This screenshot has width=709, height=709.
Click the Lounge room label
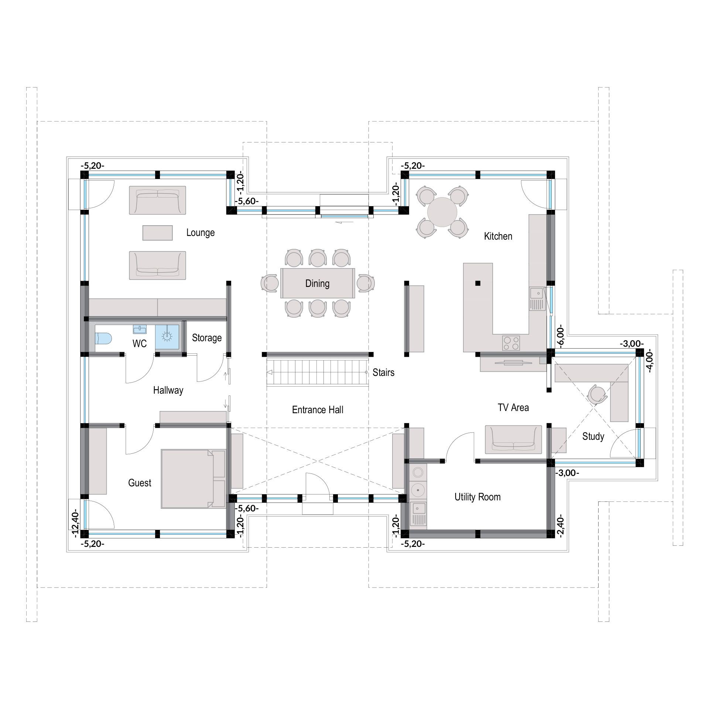point(200,233)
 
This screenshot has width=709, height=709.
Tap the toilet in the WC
point(103,338)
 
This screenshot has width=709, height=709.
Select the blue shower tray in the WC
point(167,337)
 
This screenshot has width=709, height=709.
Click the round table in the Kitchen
point(442,212)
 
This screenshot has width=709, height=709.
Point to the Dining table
point(318,283)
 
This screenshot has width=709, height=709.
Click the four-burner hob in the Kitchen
point(511,343)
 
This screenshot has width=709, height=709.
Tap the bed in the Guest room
point(193,479)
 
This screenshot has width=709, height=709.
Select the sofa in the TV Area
point(513,439)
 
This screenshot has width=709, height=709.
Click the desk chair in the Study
point(596,394)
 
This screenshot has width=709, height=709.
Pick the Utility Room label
point(477,497)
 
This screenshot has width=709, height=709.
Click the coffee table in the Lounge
point(158,233)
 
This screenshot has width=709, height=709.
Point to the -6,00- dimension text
point(561,336)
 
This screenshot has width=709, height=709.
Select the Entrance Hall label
point(318,410)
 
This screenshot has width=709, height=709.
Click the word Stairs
point(383,372)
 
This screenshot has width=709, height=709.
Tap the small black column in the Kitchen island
point(478,283)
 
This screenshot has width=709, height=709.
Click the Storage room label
point(207,338)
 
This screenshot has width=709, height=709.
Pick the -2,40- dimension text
point(561,525)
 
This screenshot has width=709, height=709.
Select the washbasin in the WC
point(140,329)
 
